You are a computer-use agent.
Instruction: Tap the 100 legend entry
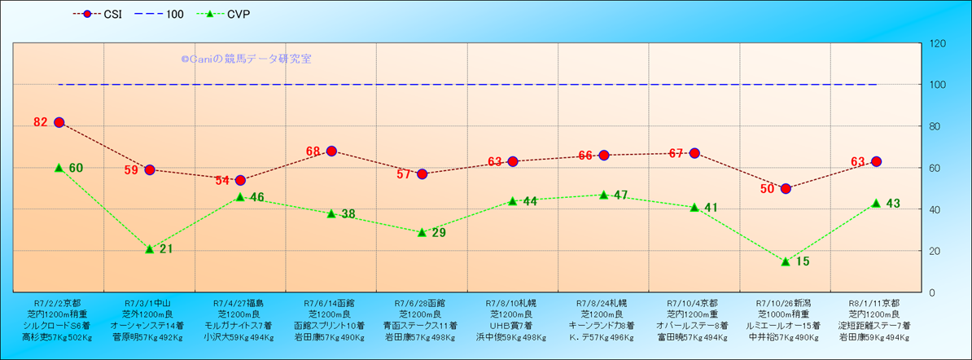click(x=173, y=14)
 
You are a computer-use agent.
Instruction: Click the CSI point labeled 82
click(x=59, y=122)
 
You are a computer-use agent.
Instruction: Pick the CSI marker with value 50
click(x=786, y=188)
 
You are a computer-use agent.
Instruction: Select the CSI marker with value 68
click(x=331, y=151)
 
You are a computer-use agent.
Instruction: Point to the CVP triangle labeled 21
click(x=150, y=249)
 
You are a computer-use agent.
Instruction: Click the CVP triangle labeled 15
click(x=786, y=261)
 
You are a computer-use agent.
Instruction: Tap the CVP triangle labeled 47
click(x=604, y=195)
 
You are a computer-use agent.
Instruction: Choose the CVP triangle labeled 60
click(x=59, y=168)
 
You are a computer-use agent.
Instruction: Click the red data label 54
click(x=222, y=181)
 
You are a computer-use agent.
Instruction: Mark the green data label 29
click(x=437, y=233)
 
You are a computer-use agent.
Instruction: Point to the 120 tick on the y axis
click(x=937, y=43)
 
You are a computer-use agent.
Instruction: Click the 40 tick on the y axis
click(x=935, y=209)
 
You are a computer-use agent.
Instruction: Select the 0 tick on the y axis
click(x=931, y=292)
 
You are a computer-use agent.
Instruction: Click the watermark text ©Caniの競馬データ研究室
click(x=246, y=59)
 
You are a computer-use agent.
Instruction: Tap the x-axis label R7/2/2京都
click(x=58, y=301)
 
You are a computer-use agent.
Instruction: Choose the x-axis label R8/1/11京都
click(x=876, y=301)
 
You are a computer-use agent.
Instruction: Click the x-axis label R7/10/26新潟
click(x=785, y=301)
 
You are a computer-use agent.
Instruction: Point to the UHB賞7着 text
click(x=512, y=325)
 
